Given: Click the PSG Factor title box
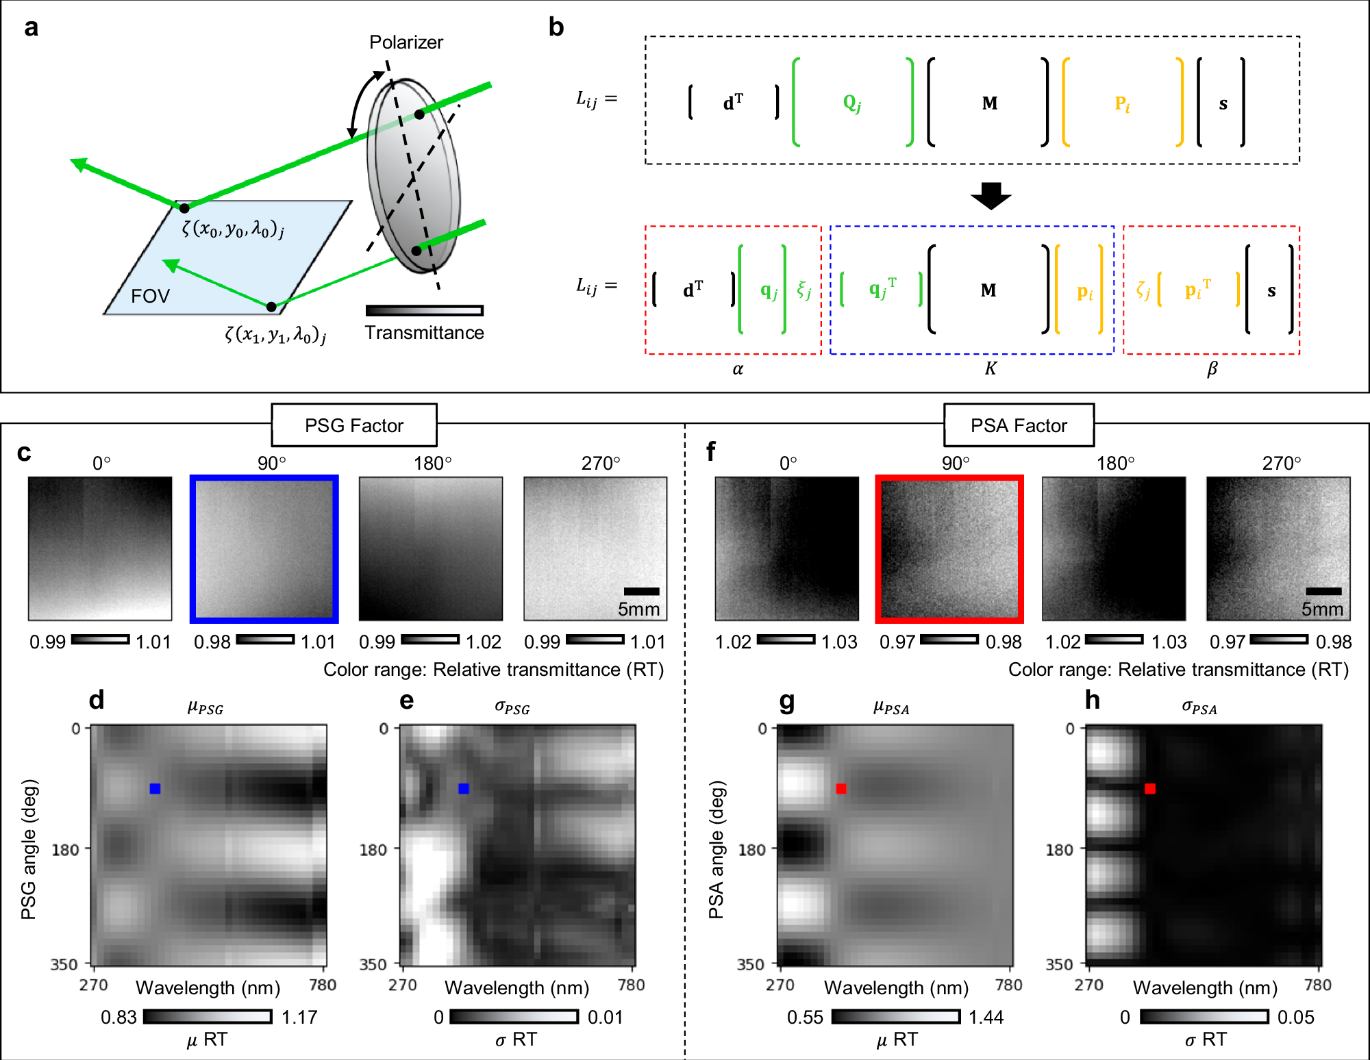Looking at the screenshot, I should coord(354,425).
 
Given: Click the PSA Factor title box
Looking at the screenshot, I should coord(1019,425).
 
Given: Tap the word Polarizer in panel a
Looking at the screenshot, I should coord(406,42).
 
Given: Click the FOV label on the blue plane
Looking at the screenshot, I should coord(150,296).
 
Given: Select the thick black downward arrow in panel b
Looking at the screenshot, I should coord(991,196).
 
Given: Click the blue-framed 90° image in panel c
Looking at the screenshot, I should coord(264,548).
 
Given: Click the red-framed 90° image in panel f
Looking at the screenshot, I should coord(949,548).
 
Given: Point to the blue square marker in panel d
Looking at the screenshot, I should coord(155,789).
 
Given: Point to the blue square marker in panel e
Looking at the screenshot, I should coord(464,789).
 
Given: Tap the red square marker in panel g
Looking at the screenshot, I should coord(841,789).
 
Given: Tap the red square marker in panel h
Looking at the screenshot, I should coord(1150,789).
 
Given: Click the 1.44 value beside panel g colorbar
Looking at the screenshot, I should coord(986,1018).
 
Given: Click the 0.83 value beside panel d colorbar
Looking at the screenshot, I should coord(119,1018).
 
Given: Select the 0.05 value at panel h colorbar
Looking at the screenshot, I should coord(1295,1018).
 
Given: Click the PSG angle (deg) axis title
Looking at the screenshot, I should coord(29,849).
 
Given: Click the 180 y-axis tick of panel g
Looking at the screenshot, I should coord(751,850).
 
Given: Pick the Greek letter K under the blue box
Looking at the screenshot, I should coord(991,368).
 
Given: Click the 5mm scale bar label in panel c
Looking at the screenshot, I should coord(638,609).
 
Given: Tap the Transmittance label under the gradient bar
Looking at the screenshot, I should coord(424,333).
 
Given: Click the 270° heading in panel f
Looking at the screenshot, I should coord(1281,464).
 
